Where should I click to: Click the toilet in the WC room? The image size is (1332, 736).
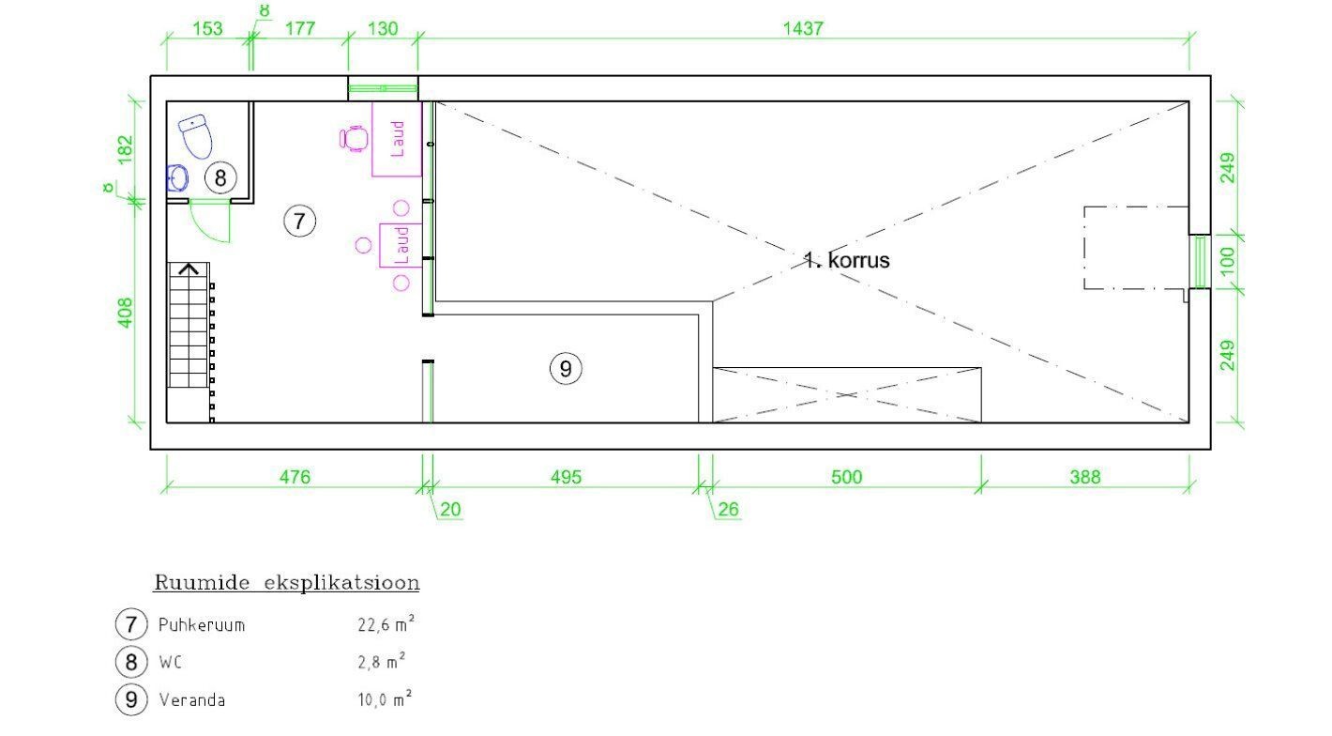(196, 136)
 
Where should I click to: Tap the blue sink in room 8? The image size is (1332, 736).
(177, 178)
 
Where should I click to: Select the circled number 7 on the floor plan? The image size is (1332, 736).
(299, 222)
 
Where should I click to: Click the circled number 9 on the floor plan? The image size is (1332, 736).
(566, 369)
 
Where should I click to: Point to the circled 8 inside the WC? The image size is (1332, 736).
(220, 177)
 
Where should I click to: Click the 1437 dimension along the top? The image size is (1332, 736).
(803, 28)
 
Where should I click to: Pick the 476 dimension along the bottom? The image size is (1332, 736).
(295, 477)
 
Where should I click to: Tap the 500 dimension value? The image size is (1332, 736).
(847, 477)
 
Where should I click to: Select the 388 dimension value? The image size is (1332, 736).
(1085, 477)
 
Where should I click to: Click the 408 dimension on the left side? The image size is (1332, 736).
(125, 313)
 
